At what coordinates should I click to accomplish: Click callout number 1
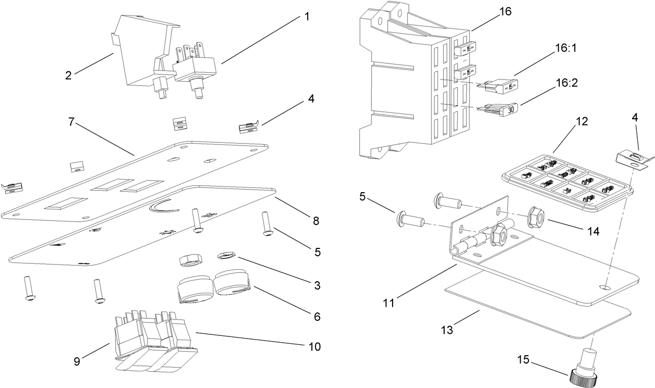307,17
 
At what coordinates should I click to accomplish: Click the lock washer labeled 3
226,255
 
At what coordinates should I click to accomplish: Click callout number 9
77,361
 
